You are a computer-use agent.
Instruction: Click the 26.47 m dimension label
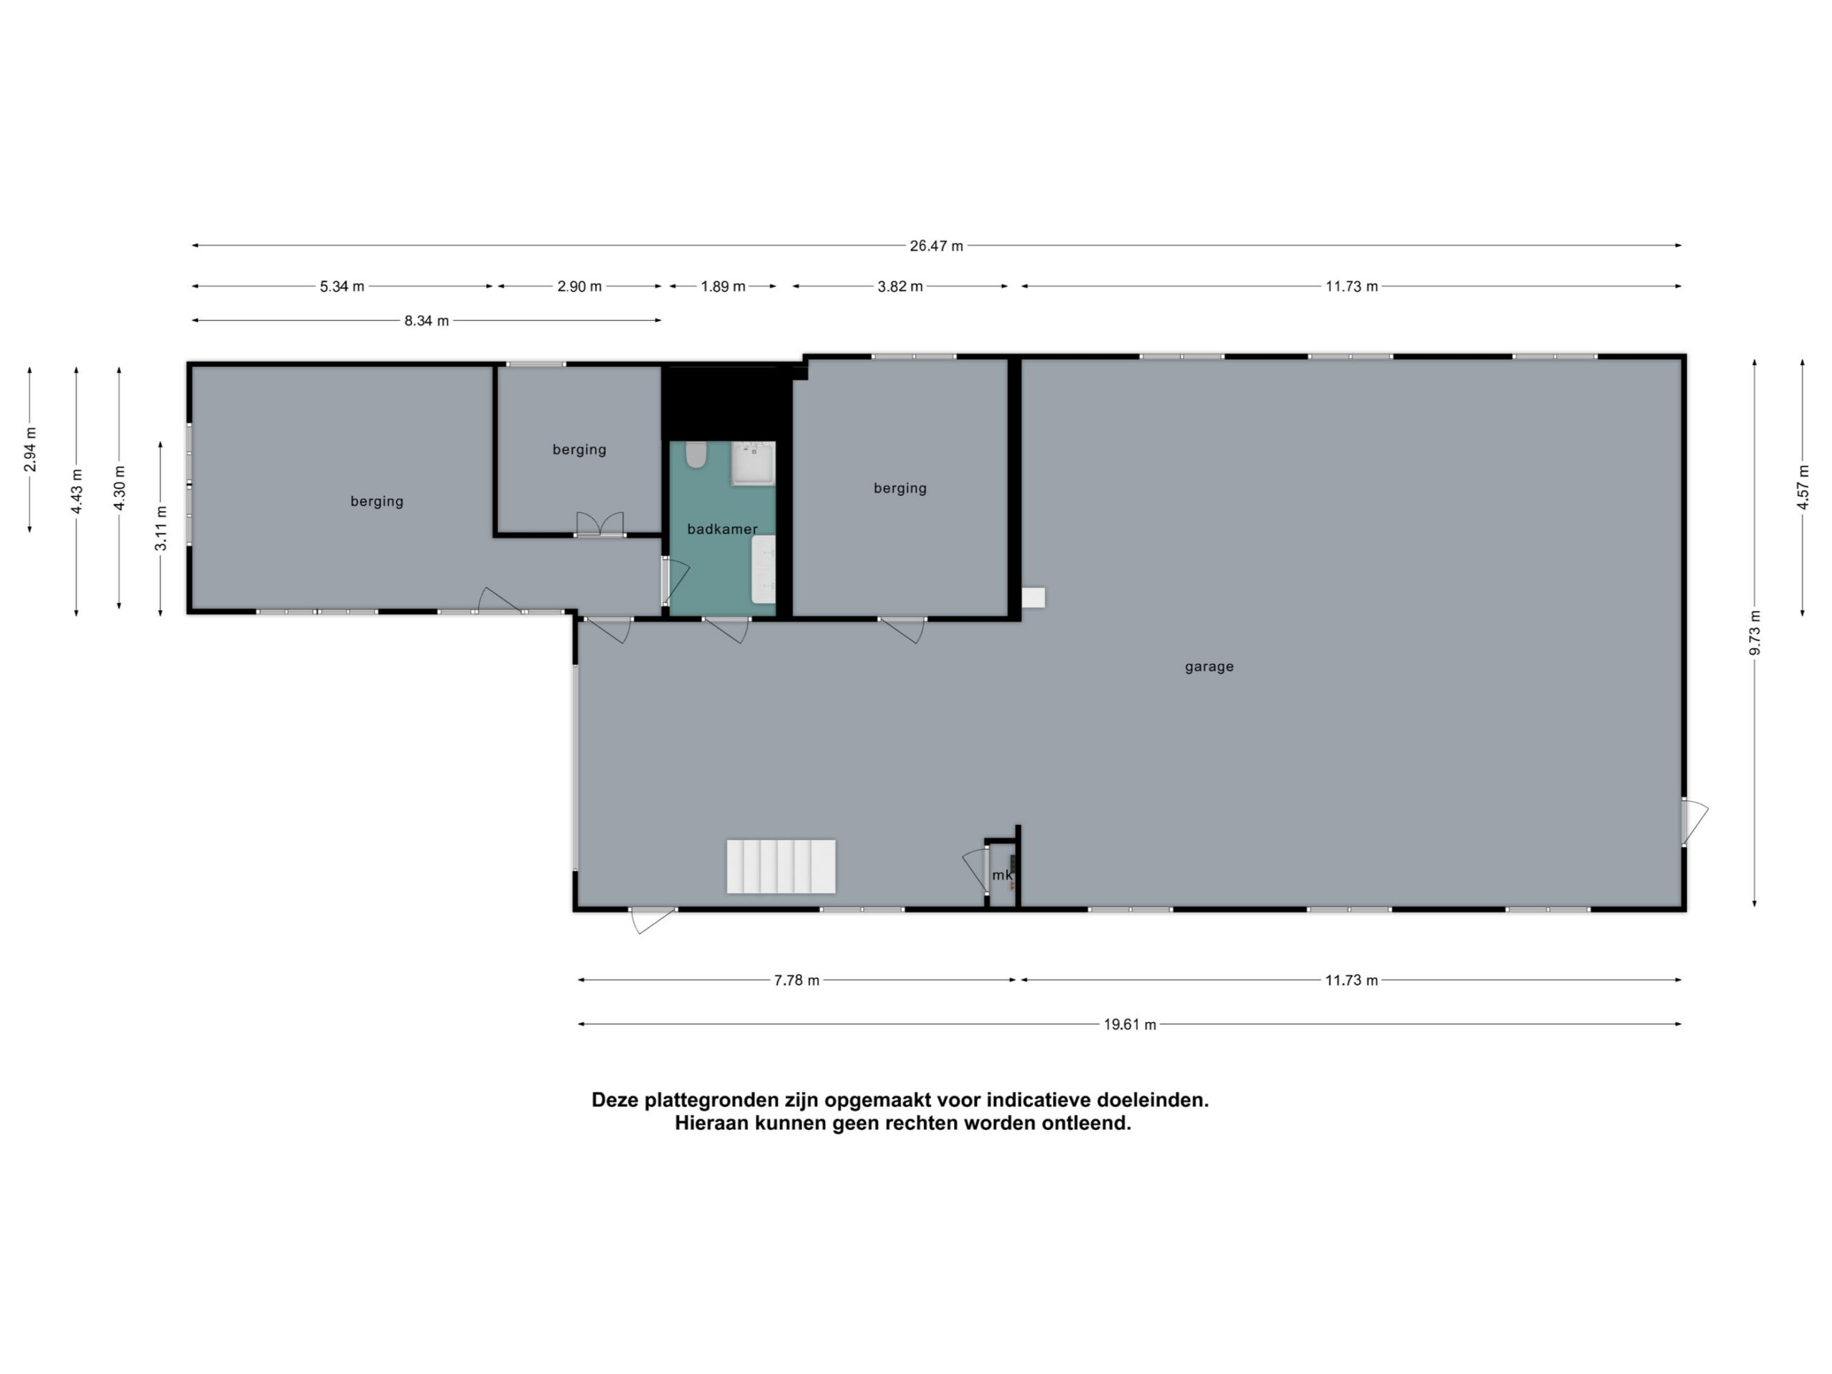coord(936,246)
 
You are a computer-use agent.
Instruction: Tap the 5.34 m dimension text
coord(342,286)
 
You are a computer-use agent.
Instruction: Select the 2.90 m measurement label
coord(579,286)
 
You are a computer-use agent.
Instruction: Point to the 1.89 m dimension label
coord(723,286)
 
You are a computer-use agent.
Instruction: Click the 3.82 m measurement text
coord(900,286)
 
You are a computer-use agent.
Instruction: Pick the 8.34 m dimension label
coord(427,321)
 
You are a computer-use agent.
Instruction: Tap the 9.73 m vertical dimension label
coord(1754,633)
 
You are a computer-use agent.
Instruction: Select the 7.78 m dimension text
coord(796,980)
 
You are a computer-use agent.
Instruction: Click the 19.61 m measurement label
coord(1130,1025)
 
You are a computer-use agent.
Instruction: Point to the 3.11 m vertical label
coord(162,527)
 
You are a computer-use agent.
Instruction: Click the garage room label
coord(1209,667)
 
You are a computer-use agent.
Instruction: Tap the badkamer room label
coord(722,530)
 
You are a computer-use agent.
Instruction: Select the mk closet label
coord(1001,874)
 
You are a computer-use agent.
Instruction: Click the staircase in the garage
coord(781,867)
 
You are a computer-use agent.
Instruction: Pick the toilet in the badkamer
coord(696,454)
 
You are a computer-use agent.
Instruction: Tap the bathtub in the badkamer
coord(764,569)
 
